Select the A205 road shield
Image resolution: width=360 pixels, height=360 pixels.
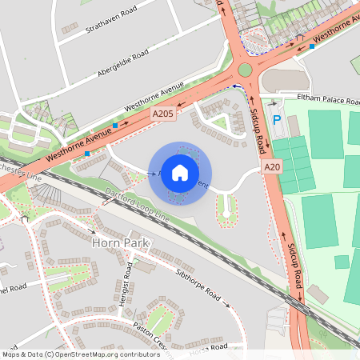[x=163, y=115]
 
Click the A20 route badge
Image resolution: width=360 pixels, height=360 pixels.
[x=273, y=167]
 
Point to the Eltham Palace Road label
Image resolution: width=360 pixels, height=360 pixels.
[x=326, y=98]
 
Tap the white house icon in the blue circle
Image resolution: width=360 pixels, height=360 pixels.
[x=180, y=173]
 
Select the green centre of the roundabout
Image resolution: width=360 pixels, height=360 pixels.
[x=244, y=70]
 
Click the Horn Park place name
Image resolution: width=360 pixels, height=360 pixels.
[x=121, y=242]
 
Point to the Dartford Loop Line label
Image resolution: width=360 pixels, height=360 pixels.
[x=137, y=205]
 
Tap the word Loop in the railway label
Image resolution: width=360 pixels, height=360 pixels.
[x=143, y=208]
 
